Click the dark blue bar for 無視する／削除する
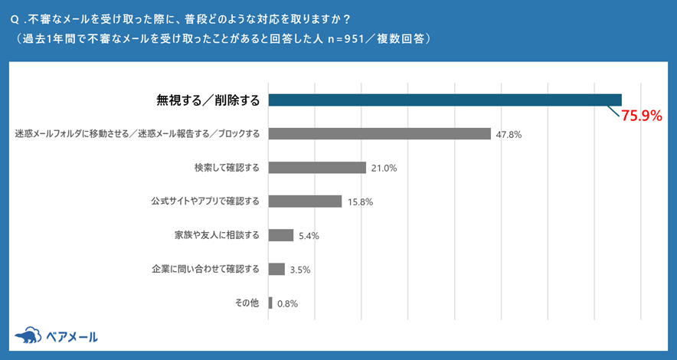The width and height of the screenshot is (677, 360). click(444, 100)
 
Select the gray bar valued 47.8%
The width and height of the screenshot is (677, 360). click(379, 134)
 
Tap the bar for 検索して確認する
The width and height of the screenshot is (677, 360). click(317, 168)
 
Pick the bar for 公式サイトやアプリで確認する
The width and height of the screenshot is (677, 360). click(305, 201)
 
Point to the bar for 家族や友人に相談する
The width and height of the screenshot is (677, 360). click(281, 235)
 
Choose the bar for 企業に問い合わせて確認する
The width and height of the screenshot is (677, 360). click(276, 269)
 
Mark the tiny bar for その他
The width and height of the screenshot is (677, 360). click(270, 303)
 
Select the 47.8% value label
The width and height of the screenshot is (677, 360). click(509, 135)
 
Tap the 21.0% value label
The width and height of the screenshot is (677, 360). click(384, 169)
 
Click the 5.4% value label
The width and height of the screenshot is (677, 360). click(309, 236)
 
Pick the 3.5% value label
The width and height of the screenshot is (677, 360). click(299, 270)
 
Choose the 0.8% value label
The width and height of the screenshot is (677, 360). click(287, 303)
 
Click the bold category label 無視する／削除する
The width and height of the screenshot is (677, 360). click(208, 100)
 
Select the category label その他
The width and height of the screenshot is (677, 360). click(247, 303)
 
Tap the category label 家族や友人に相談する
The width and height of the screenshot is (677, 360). click(217, 235)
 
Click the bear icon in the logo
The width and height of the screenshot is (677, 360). click(28, 336)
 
